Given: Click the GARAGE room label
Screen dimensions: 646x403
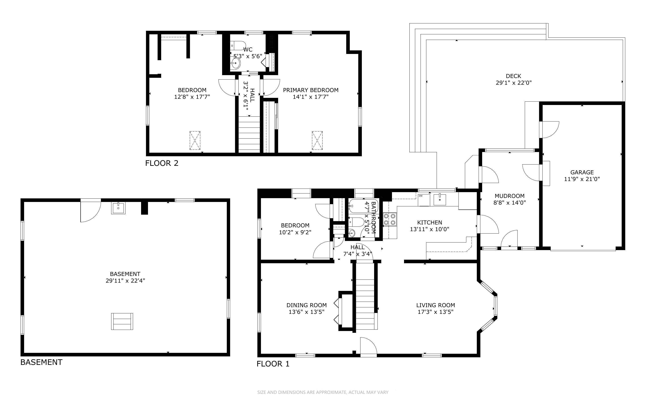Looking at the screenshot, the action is [x=582, y=173].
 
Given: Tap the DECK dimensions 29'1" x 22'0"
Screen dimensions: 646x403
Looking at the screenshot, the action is [x=513, y=83].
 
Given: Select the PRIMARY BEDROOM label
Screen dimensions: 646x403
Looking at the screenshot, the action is [x=310, y=90].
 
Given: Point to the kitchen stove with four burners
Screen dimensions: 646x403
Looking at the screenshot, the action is [x=390, y=219].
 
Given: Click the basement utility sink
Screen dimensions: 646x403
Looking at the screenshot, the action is [x=118, y=208].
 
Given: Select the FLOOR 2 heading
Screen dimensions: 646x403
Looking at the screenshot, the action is [x=162, y=163].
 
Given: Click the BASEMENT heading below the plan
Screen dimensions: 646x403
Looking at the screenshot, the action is [x=41, y=362].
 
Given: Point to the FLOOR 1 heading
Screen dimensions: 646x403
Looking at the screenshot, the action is [x=273, y=364].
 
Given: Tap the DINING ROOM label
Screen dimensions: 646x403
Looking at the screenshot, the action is [x=306, y=305].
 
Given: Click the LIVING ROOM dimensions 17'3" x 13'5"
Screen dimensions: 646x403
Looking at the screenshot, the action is [x=436, y=312].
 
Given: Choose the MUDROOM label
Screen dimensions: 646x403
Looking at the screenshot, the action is [x=510, y=196].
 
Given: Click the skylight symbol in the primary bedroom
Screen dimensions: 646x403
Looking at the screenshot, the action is [x=317, y=140].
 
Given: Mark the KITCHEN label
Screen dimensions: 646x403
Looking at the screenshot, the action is [x=430, y=222].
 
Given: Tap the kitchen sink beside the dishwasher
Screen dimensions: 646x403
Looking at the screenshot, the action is [x=440, y=200].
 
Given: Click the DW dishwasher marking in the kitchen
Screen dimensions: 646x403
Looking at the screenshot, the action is [x=421, y=196].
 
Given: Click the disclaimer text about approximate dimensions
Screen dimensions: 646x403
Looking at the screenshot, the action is [x=323, y=392].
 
